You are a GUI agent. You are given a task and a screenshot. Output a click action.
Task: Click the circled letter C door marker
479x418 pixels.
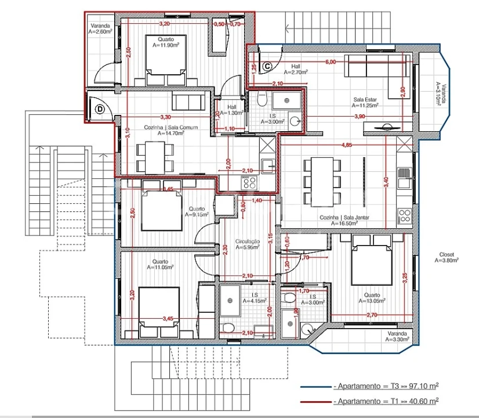[267, 66]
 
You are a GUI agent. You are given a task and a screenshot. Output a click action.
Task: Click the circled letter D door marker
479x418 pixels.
[100, 108]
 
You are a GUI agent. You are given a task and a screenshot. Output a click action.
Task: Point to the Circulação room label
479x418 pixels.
[246, 244]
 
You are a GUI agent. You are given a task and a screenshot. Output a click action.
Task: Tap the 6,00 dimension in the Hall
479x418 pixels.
[330, 62]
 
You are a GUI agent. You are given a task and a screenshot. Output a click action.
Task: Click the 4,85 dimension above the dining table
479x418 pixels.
[346, 144]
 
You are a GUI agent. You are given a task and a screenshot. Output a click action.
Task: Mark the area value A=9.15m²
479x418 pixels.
[197, 214]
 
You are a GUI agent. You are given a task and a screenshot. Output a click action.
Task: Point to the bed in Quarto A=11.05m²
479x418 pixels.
[160, 308]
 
